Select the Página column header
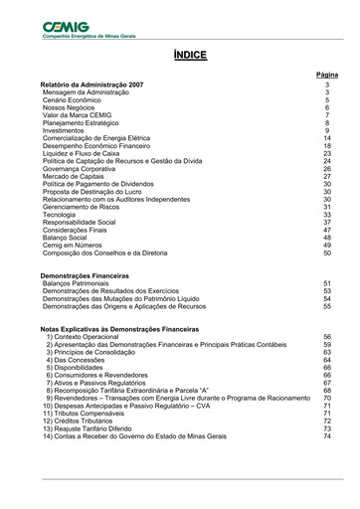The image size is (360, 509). [x=326, y=75]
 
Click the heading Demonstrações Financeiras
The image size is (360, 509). [x=85, y=274]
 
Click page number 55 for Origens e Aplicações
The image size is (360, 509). [x=327, y=307]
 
